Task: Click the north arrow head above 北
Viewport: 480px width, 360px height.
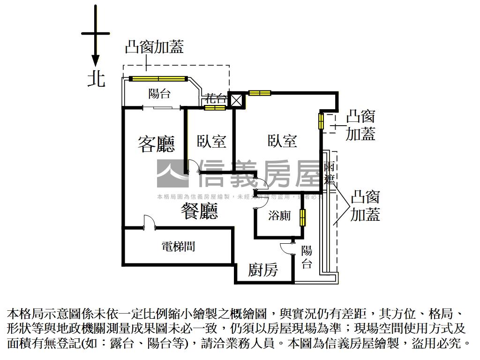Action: click(x=95, y=60)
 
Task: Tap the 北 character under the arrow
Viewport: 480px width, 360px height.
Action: click(x=96, y=79)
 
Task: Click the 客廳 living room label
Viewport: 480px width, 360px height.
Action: click(x=156, y=144)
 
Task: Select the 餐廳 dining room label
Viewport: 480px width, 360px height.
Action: click(x=199, y=212)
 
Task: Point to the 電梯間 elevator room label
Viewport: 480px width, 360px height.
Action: click(x=178, y=247)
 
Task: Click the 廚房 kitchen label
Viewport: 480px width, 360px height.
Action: click(x=263, y=270)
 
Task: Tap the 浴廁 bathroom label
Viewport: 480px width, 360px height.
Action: click(x=279, y=216)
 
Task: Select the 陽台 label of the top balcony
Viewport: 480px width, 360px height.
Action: click(x=159, y=94)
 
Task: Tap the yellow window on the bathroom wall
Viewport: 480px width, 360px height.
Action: click(x=303, y=217)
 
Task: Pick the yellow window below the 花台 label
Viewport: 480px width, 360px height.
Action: click(x=215, y=108)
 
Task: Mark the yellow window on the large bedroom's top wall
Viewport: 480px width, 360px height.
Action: click(x=259, y=93)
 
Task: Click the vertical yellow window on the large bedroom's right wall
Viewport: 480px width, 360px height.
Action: click(x=322, y=121)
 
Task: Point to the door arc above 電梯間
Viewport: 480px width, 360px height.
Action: click(x=149, y=221)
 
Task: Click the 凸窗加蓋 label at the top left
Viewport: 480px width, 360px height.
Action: click(x=154, y=47)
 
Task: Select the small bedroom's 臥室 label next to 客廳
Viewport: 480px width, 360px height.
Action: click(x=211, y=141)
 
